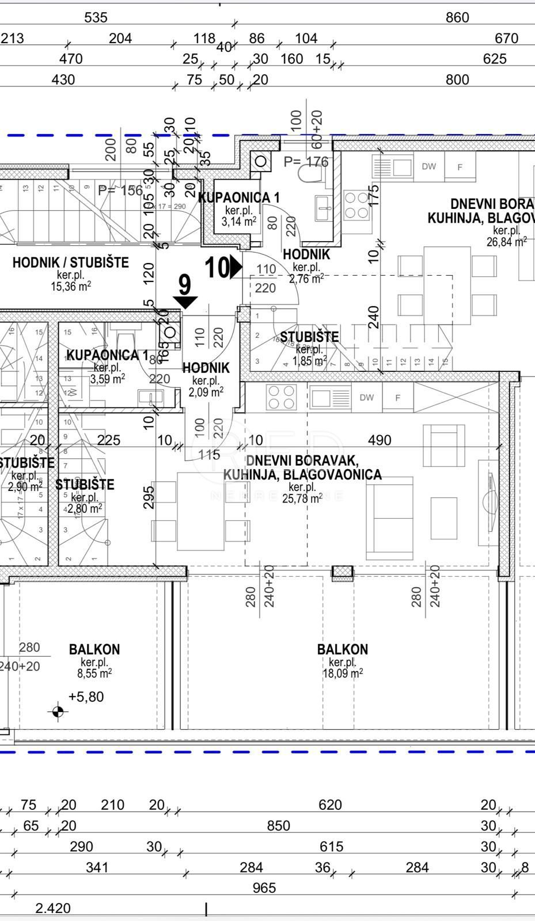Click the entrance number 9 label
point(184,285)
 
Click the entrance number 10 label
point(217,268)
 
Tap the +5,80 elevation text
point(86,697)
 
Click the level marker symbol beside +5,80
point(58,712)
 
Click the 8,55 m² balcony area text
point(94,673)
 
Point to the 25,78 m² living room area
point(302,498)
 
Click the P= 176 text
point(306,162)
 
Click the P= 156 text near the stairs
point(120,191)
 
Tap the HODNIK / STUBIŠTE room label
point(70,262)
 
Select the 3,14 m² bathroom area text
point(238,221)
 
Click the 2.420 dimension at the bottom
point(53,908)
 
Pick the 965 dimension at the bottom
point(264,888)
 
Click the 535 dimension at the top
point(96,17)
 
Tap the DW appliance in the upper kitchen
point(428,167)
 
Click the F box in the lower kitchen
point(398,397)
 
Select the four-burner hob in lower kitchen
point(282,397)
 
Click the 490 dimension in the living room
point(380,440)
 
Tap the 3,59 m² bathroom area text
point(108,378)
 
